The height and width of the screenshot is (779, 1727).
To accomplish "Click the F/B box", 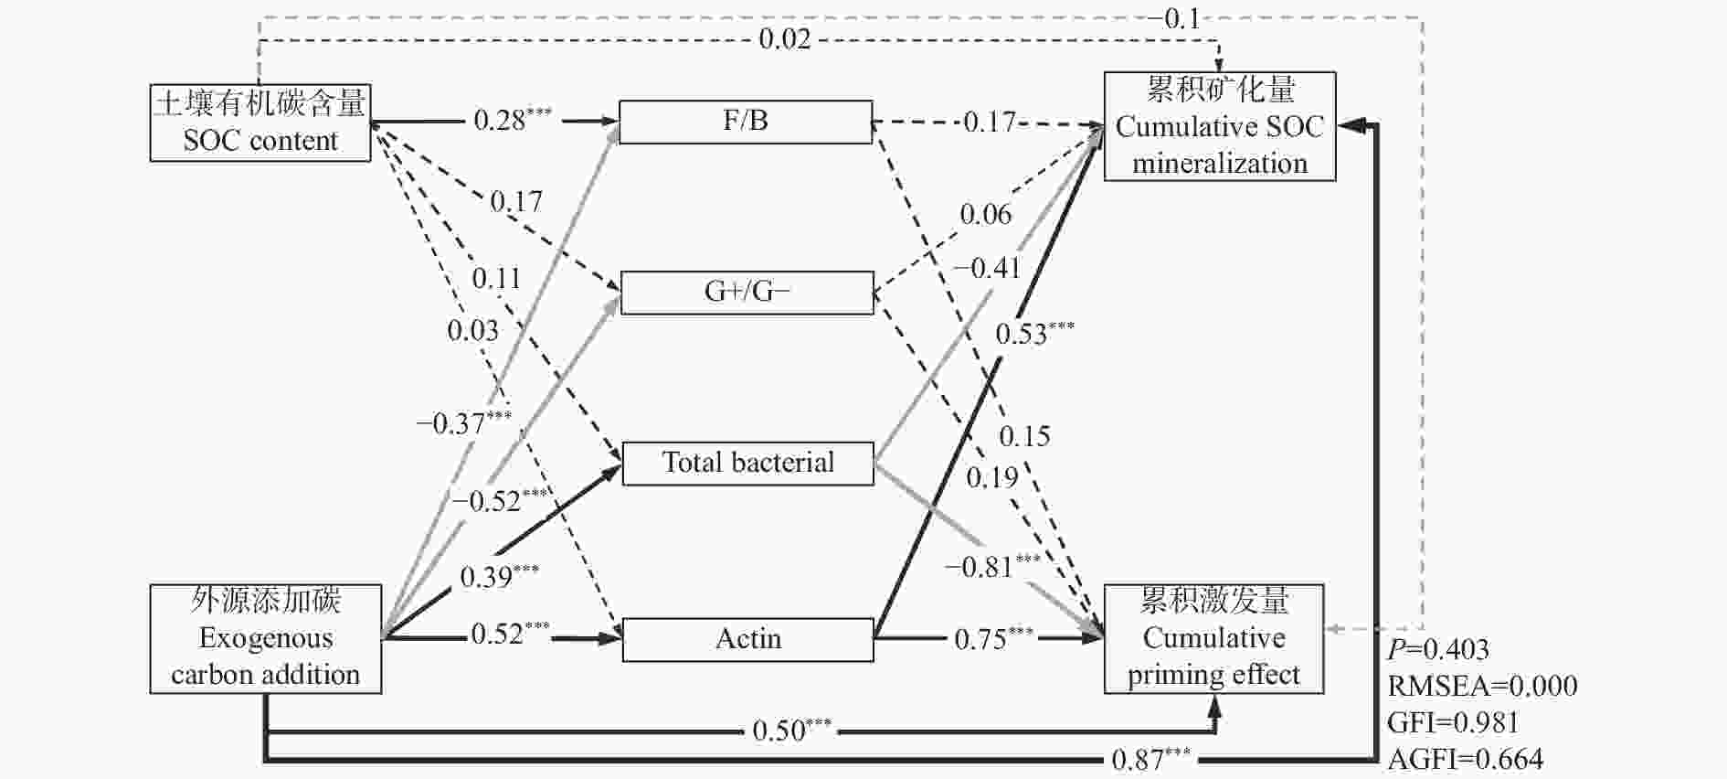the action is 746,122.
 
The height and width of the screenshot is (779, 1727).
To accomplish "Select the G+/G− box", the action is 747,293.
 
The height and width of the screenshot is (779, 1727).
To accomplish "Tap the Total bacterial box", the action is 747,463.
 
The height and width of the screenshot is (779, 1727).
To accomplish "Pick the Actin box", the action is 747,639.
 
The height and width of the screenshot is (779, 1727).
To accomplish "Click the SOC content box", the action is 260,123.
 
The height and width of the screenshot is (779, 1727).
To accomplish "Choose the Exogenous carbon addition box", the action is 266,638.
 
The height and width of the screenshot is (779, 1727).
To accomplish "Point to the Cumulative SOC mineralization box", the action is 1220,126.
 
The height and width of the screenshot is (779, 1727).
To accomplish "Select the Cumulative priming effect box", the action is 1213,638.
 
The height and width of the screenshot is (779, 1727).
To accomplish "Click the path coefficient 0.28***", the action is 513,120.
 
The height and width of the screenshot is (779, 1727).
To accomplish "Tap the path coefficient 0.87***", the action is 1151,759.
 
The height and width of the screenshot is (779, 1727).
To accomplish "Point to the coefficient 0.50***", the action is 792,730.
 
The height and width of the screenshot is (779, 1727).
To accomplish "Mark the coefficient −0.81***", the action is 992,566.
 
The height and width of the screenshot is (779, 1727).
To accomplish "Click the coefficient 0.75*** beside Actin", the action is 994,638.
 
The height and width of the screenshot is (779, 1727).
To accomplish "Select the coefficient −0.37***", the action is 464,422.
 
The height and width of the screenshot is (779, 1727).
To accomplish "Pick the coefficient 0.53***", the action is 1035,333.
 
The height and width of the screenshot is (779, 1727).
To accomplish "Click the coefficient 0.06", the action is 985,214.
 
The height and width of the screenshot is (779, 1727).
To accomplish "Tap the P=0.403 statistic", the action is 1438,649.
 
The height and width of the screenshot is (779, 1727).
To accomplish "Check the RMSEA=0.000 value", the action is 1482,686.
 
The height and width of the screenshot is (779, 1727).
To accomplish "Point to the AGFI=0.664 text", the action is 1466,759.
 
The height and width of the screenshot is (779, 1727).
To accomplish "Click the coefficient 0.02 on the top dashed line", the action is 785,38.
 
